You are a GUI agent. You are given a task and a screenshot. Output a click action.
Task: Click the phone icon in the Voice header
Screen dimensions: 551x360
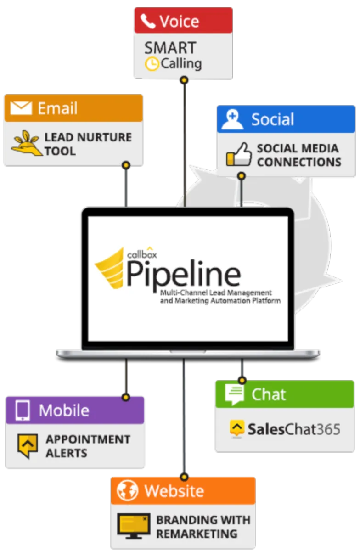point(148,21)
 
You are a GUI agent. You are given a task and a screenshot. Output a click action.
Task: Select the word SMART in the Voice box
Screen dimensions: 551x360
point(170,47)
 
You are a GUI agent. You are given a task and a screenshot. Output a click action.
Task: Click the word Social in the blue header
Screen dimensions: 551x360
point(272,119)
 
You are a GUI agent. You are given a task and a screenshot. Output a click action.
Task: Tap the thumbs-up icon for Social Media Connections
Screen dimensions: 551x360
point(239,154)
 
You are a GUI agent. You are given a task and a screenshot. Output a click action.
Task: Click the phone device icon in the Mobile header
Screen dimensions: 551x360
point(22,410)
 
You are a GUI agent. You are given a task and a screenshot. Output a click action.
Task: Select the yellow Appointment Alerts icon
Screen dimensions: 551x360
point(28,445)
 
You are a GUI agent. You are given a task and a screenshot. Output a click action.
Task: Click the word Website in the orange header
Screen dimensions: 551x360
point(174,490)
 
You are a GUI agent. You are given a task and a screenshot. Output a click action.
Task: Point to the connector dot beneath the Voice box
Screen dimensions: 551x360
point(184,80)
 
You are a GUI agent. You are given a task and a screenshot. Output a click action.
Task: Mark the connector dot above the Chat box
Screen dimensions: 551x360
point(242,380)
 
